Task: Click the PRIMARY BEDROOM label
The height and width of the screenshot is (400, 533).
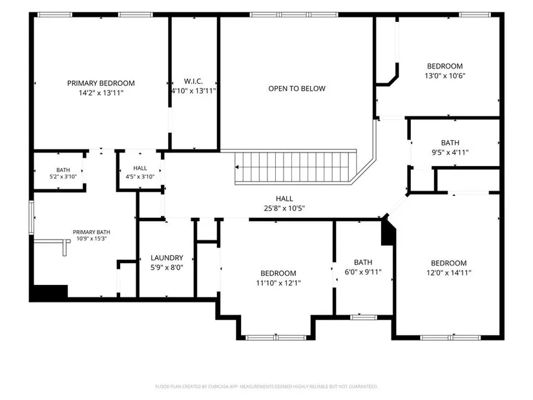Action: [101, 83]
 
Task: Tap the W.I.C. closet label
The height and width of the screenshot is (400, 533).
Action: [193, 81]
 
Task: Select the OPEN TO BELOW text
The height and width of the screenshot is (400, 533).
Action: [297, 89]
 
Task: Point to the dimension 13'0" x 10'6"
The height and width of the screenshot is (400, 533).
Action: [444, 76]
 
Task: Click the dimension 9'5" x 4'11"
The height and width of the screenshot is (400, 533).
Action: [450, 153]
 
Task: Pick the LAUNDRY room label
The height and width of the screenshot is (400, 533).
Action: [167, 258]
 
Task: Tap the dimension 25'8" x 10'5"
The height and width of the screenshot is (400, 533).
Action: [284, 208]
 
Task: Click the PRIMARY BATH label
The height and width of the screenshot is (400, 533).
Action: [92, 232]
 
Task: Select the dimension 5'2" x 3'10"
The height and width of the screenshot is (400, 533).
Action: [63, 176]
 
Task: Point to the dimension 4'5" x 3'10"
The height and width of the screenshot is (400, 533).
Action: [140, 176]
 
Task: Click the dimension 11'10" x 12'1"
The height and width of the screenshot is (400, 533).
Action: [278, 282]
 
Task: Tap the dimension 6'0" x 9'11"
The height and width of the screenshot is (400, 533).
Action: [363, 272]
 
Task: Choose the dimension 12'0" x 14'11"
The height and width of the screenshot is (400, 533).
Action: [449, 273]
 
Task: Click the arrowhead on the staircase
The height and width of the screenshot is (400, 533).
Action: [236, 167]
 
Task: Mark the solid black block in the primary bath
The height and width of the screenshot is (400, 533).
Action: [50, 293]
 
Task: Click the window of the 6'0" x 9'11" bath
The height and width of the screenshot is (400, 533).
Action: [363, 317]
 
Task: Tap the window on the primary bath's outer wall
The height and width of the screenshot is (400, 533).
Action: [31, 218]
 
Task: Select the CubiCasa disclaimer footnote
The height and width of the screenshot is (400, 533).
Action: [266, 386]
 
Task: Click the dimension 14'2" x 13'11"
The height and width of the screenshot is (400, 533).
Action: [101, 92]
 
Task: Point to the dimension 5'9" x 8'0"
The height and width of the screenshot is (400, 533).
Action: [167, 268]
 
